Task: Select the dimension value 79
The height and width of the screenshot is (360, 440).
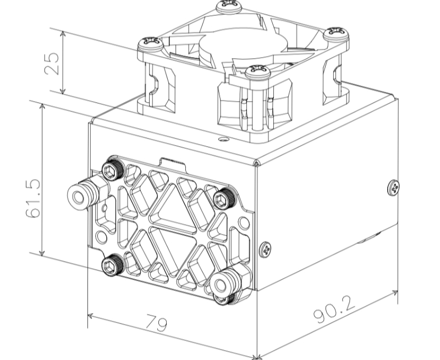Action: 157,323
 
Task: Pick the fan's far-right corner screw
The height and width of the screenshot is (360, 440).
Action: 335,34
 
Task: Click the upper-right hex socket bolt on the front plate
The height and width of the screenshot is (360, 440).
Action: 224,199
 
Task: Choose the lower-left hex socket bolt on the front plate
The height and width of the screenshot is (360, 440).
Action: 113,267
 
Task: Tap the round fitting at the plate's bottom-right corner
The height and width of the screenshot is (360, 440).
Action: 223,284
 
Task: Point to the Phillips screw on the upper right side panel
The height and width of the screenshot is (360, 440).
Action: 393,188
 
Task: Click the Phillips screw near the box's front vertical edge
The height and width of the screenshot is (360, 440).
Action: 265,248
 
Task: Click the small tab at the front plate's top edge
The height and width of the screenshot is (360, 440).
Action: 171,163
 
